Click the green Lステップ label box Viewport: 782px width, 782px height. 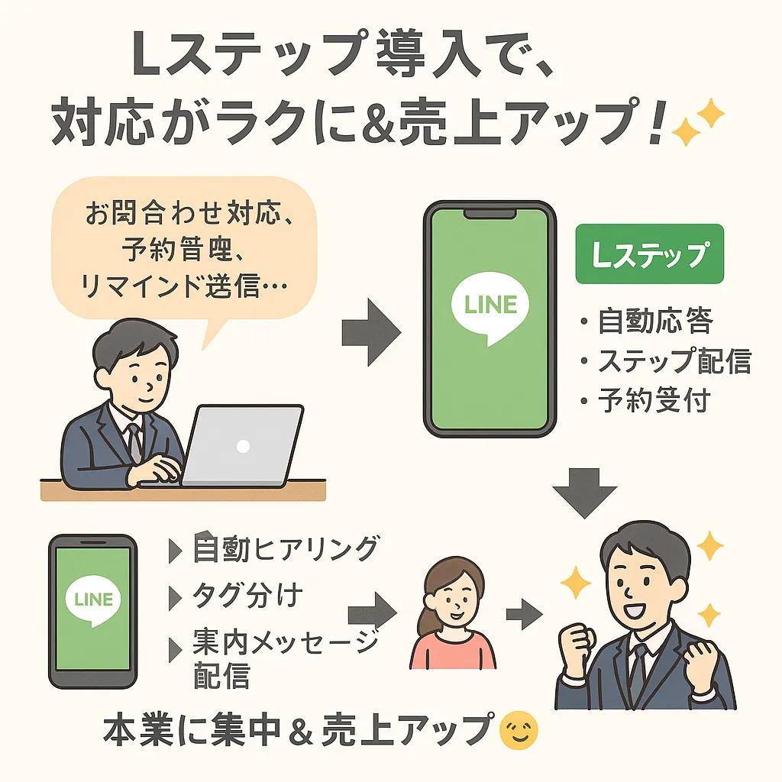coord(648,254)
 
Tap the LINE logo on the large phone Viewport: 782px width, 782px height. coord(490,307)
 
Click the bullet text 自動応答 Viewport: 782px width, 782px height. coord(654,322)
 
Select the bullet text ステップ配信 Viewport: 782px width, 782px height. coord(674,360)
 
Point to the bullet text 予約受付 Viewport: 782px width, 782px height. coord(654,399)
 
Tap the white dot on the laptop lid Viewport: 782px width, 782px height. coord(243,445)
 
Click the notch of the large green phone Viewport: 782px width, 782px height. coord(489,213)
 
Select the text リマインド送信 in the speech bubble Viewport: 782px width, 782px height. coord(183,286)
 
